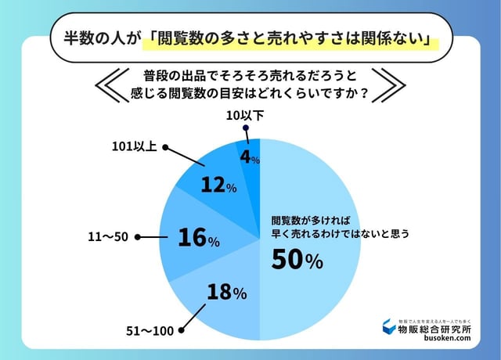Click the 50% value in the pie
pyautogui.click(x=297, y=261)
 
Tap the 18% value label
pyautogui.click(x=227, y=293)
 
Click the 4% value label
pyautogui.click(x=250, y=157)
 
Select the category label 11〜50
pyautogui.click(x=108, y=236)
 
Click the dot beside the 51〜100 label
pyautogui.click(x=182, y=330)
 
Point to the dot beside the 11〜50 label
pyautogui.click(x=139, y=236)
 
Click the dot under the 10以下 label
pyautogui.click(x=244, y=131)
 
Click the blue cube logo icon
pyautogui.click(x=388, y=328)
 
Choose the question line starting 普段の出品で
pyautogui.click(x=250, y=76)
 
